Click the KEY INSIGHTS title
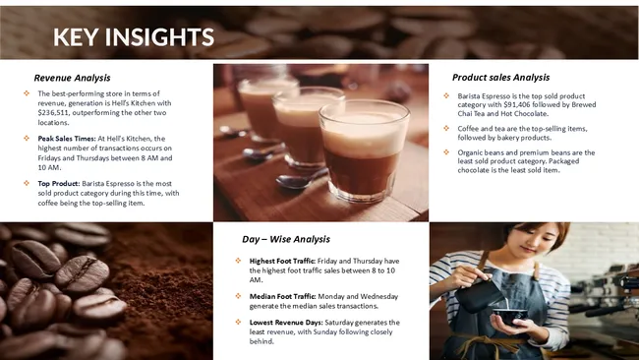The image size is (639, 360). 133,37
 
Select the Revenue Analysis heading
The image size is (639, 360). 72,78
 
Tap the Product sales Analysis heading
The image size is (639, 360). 500,78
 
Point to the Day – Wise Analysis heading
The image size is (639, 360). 285,239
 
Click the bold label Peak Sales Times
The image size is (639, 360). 66,139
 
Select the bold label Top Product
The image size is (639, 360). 58,183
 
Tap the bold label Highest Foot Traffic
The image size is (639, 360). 280,261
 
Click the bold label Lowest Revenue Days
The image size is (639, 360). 282,323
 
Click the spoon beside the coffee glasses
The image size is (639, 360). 295,180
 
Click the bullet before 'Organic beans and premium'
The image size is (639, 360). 446,153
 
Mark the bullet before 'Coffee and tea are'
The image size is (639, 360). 446,128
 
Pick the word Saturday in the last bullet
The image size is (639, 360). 322,323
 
